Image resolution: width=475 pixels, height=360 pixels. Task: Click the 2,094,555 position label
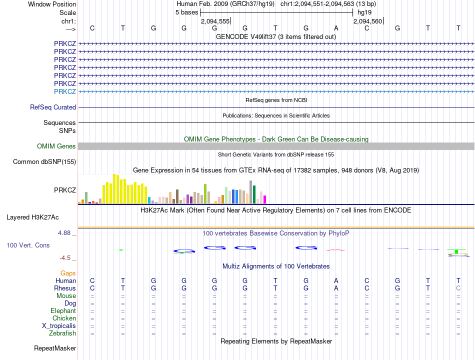tap(215, 21)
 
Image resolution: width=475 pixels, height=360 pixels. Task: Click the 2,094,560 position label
tap(367, 21)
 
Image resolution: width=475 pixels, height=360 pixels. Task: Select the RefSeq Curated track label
tap(53, 107)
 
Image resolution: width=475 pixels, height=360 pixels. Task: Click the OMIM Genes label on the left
tap(56, 146)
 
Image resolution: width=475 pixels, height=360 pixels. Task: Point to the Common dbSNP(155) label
tap(44, 161)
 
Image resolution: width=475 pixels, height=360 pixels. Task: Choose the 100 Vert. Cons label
tap(28, 245)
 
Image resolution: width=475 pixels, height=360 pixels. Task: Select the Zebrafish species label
tap(62, 333)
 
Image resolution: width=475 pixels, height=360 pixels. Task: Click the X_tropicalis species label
tap(59, 325)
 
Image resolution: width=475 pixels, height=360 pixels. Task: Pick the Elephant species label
tap(63, 310)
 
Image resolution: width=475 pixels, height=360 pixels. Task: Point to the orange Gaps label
tap(68, 273)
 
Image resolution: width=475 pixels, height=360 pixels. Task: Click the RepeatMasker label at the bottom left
tap(55, 348)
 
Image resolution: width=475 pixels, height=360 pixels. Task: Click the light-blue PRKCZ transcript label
tap(65, 91)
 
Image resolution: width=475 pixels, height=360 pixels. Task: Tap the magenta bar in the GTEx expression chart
tap(264, 199)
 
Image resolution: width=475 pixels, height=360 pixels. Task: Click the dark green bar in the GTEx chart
tap(254, 194)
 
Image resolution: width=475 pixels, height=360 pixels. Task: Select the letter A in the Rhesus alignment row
tap(336, 288)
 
